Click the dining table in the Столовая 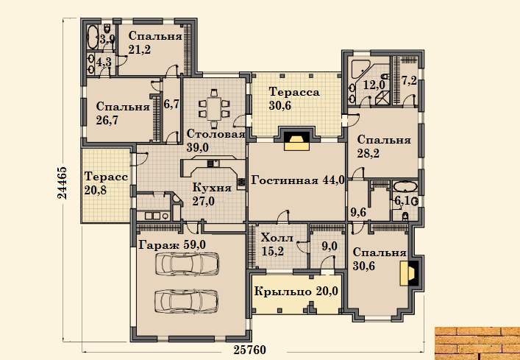tap(214, 108)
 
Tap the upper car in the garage tap(187, 264)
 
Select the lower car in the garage tap(187, 300)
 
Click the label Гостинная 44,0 tap(298, 180)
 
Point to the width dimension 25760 tap(250, 350)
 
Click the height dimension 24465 tap(63, 183)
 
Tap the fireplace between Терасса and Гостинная tap(296, 139)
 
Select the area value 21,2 tap(139, 49)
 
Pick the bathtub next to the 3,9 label tap(93, 37)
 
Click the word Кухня tap(212, 188)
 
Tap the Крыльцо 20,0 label tap(296, 292)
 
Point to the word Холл tap(277, 238)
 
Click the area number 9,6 tap(358, 212)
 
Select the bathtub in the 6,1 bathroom tap(405, 186)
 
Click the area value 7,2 tap(409, 81)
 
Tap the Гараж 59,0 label tap(172, 245)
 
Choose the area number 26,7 tap(107, 120)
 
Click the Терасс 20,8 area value tap(95, 191)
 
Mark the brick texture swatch tap(477, 343)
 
